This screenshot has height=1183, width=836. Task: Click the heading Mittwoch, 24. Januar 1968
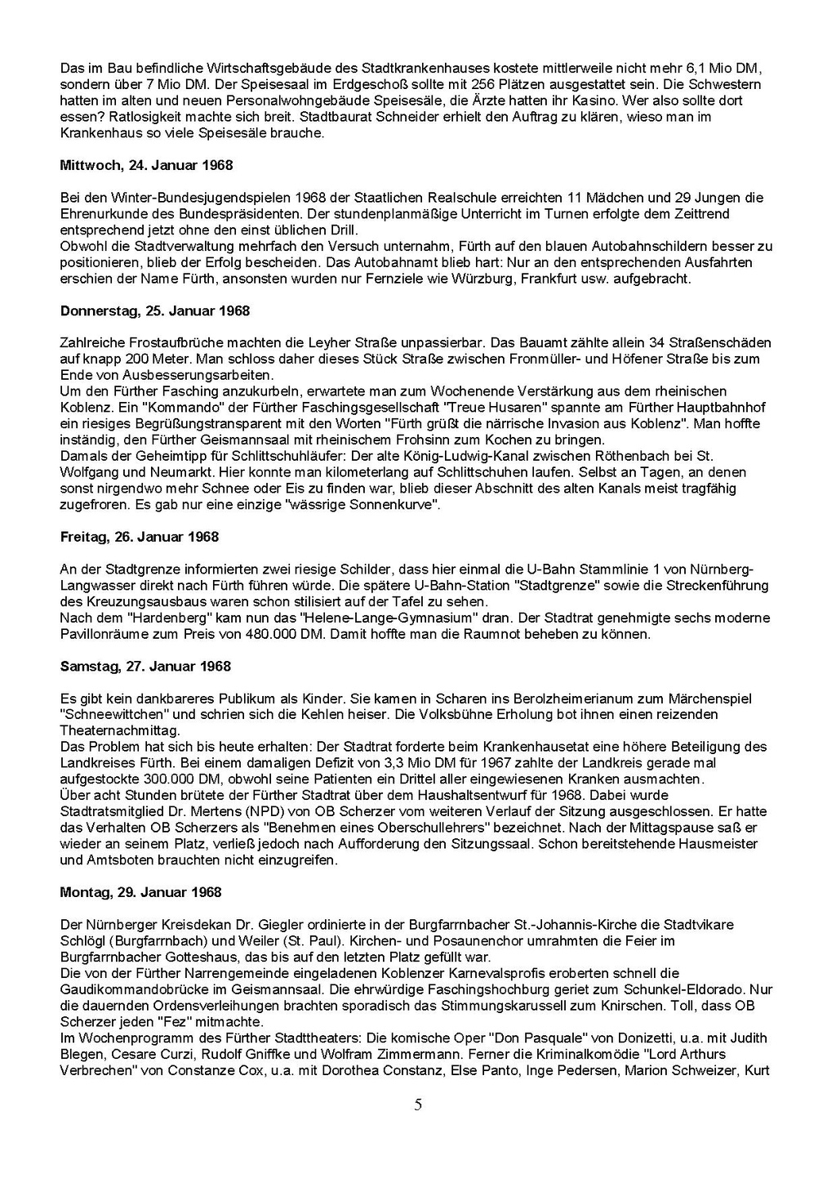click(146, 165)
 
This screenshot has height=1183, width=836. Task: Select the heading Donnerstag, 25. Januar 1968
click(155, 310)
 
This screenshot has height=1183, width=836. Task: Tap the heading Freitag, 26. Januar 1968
click(140, 537)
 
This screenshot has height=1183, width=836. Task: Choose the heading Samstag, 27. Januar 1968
click(145, 666)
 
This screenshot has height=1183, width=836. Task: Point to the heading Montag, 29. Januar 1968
click(140, 892)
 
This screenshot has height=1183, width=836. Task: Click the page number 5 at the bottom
click(418, 1105)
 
